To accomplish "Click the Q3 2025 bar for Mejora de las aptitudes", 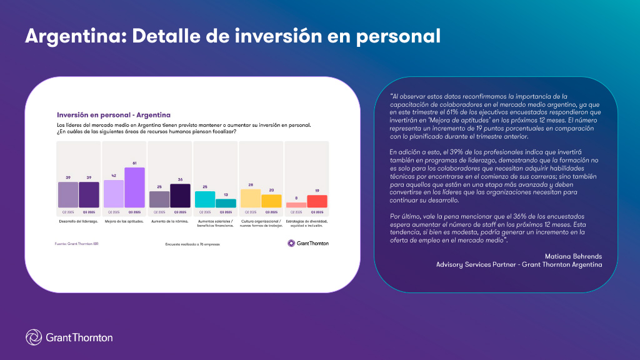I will (134, 187).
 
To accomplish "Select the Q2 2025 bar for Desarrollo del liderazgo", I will (68, 194).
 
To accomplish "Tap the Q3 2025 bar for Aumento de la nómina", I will (180, 196).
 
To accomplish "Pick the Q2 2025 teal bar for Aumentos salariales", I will (205, 199).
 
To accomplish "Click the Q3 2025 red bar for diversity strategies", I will (317, 201).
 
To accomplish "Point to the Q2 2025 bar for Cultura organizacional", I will (251, 198).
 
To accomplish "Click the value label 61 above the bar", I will (134, 163).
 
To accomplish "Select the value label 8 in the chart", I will (296, 198).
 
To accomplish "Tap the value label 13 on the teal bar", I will (226, 194).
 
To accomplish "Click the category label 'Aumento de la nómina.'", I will (169, 222).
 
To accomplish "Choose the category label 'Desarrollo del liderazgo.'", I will (78, 222).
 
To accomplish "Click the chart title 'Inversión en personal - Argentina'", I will (114, 115).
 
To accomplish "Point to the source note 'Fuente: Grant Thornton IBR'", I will (77, 243).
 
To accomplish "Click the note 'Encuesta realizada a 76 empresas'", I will (192, 244).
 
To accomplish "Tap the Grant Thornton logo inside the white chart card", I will (307, 243).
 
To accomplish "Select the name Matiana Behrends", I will (572, 256).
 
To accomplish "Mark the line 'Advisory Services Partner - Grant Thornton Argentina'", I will (519, 264).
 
